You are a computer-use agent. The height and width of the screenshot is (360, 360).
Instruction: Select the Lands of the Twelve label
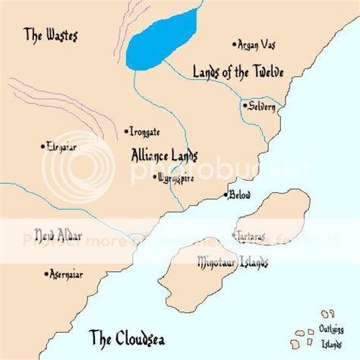point(238,73)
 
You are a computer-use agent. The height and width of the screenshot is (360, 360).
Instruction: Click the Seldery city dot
point(244,106)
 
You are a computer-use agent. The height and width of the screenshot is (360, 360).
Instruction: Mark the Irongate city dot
point(126,131)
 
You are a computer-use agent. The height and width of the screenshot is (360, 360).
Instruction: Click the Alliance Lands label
point(164,154)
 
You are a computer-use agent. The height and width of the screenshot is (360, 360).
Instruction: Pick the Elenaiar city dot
point(43,145)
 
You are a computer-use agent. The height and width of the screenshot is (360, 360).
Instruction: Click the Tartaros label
point(251,237)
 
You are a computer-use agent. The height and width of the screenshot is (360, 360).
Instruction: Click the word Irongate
point(145,131)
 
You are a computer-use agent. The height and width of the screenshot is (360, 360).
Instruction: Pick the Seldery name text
point(262,107)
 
